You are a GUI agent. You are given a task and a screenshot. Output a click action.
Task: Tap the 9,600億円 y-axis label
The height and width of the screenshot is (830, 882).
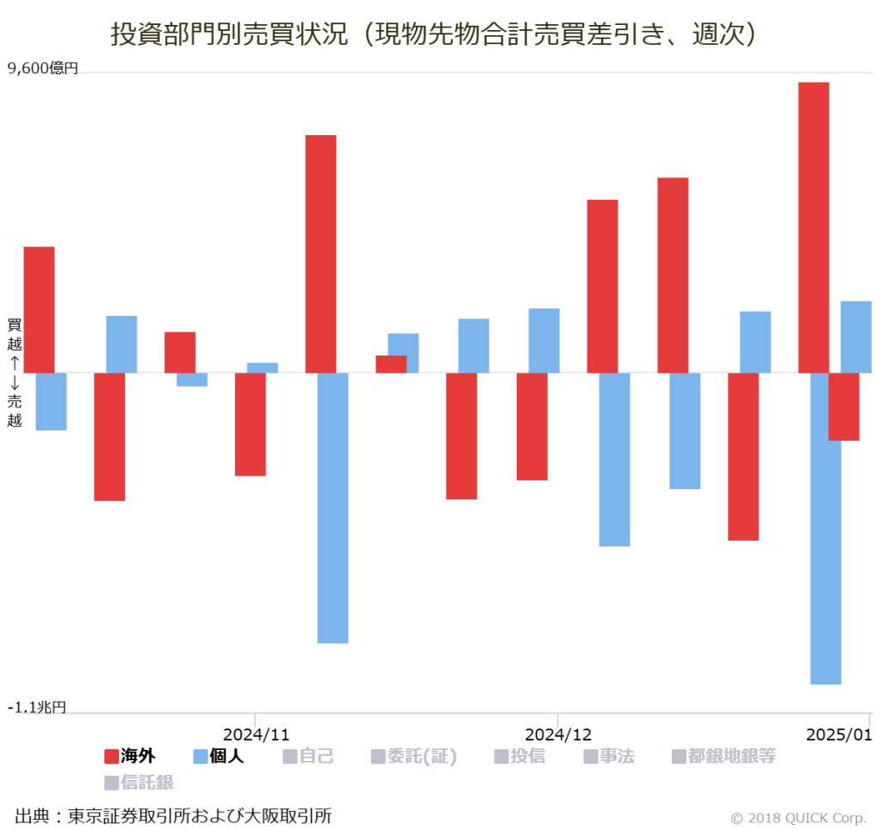coord(43,68)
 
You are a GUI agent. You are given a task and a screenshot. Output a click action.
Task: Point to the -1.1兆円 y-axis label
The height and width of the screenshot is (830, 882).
coord(37,707)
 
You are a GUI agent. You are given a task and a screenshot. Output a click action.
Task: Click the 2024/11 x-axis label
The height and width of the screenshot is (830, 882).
coord(256,734)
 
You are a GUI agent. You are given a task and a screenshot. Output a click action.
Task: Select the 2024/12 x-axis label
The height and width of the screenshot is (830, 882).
coord(558,734)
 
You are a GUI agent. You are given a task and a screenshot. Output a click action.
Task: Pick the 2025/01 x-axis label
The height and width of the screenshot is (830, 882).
coord(839,734)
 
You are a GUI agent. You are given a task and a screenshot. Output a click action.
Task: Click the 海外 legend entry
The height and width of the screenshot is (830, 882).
coord(130,757)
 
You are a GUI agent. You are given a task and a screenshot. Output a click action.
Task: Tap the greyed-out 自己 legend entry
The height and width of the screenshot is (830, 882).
coord(308,757)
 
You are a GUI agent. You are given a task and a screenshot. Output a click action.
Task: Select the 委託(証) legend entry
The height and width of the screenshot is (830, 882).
coord(413,757)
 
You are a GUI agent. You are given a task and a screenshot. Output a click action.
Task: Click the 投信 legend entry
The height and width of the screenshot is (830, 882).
coord(519,757)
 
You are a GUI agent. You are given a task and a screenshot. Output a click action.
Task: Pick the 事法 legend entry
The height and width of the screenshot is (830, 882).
coord(609,757)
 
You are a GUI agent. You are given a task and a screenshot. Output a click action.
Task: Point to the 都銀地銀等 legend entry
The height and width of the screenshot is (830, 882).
coord(724,757)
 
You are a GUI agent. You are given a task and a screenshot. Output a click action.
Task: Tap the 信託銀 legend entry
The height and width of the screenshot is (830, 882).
coord(139,783)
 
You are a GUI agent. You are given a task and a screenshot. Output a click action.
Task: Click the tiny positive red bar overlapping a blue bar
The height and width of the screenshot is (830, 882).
coord(391,364)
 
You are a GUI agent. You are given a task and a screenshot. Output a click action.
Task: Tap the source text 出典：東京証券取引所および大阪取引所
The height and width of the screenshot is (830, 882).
coord(173,815)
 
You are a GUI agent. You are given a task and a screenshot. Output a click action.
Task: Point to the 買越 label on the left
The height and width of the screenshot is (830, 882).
coord(15,333)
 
